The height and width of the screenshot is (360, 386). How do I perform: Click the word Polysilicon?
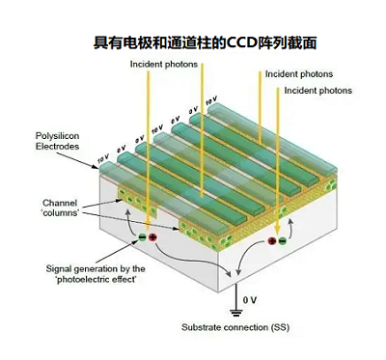click(58, 137)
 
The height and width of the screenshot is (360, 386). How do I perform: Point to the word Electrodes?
click(58, 147)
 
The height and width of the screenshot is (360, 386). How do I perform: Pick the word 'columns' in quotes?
click(61, 213)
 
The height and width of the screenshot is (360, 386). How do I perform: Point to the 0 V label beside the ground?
click(251, 300)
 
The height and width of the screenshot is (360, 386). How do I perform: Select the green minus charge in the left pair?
click(141, 235)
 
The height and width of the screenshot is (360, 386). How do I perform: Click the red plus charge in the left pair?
click(152, 235)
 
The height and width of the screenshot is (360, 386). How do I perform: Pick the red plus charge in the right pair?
click(272, 240)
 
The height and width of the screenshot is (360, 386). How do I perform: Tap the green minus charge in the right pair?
click(283, 240)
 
